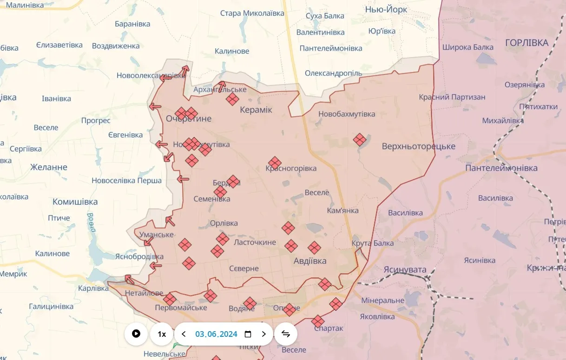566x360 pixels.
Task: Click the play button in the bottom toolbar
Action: [x=136, y=334]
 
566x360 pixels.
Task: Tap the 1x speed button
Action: [x=162, y=334]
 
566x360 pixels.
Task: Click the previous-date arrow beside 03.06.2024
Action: [x=184, y=334]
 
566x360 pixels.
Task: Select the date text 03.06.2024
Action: [x=216, y=334]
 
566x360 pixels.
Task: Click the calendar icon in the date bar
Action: [x=248, y=334]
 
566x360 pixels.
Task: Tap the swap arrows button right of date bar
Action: [x=286, y=334]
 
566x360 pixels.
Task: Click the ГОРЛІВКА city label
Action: [x=527, y=43]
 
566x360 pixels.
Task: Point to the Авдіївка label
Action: [x=310, y=261]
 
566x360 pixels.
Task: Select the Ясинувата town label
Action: [x=405, y=269]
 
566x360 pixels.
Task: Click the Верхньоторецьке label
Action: [x=418, y=146]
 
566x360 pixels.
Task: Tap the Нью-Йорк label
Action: [x=386, y=10]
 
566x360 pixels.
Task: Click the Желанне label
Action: [x=49, y=167]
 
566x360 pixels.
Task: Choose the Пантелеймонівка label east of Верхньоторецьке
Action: [x=501, y=168]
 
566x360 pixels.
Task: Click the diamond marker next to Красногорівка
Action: [x=275, y=163]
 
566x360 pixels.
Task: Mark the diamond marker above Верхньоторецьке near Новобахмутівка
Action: [x=359, y=139]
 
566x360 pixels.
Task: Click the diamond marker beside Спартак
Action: [x=318, y=321]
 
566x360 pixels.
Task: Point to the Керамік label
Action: [x=256, y=110]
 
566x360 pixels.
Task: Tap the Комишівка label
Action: [x=75, y=202]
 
